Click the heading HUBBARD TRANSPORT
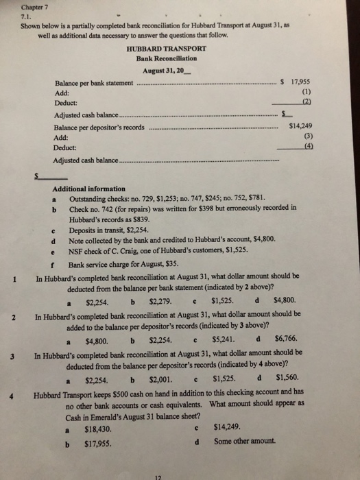tap(167, 49)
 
